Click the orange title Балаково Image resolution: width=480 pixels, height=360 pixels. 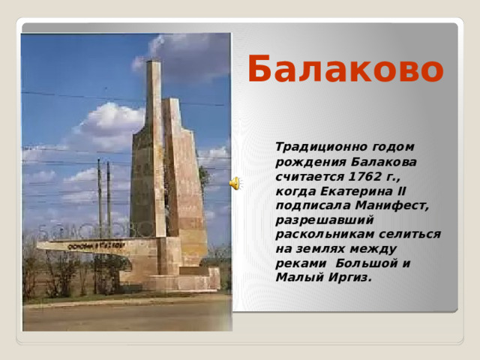(x=345, y=70)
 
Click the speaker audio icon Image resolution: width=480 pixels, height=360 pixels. (x=235, y=183)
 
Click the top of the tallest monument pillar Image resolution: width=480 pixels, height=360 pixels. (x=154, y=66)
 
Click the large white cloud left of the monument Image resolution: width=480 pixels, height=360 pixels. (x=109, y=124)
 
